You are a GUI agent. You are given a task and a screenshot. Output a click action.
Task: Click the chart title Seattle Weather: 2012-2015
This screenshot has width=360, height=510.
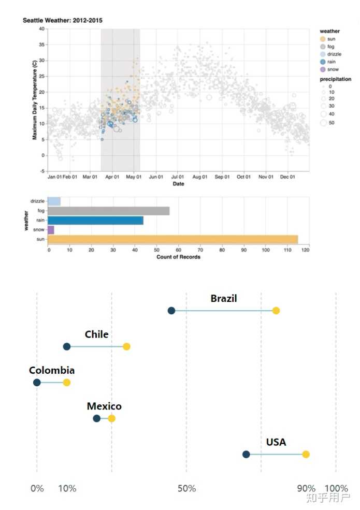point(63,20)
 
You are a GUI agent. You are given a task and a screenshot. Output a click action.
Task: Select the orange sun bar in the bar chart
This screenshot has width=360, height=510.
point(172,239)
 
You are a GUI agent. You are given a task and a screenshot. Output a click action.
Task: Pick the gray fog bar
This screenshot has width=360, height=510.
point(108,211)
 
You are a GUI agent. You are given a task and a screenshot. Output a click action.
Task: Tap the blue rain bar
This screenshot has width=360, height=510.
point(95,220)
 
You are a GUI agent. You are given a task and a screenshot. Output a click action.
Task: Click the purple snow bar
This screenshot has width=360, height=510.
point(51,230)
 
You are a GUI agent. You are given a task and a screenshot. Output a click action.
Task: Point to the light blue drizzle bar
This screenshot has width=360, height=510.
point(54,201)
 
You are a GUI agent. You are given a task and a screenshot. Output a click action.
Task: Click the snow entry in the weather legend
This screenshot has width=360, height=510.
point(330,69)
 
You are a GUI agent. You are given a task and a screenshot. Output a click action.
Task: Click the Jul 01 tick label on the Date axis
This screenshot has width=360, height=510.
point(178,177)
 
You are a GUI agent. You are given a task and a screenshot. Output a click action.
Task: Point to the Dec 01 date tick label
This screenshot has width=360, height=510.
point(287,177)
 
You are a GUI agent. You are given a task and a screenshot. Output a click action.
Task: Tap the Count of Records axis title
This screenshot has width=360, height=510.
point(178,257)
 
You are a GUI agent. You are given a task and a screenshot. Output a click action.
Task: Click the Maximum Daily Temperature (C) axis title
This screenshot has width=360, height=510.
point(35,100)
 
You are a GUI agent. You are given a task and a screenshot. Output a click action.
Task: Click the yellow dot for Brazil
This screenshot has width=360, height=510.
point(276,311)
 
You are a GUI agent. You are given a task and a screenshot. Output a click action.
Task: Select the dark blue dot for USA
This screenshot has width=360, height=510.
point(246,454)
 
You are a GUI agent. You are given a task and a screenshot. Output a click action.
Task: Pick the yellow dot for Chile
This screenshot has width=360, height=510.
point(126,346)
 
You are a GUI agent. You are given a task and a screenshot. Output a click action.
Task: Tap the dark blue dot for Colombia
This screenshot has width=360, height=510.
point(37,383)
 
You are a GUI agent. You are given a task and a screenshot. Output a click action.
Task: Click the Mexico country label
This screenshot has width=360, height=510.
point(104,406)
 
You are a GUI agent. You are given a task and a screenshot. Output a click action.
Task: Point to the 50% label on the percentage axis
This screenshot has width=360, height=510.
point(186,489)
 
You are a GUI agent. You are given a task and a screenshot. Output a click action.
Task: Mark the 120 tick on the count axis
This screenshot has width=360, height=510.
point(306,250)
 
